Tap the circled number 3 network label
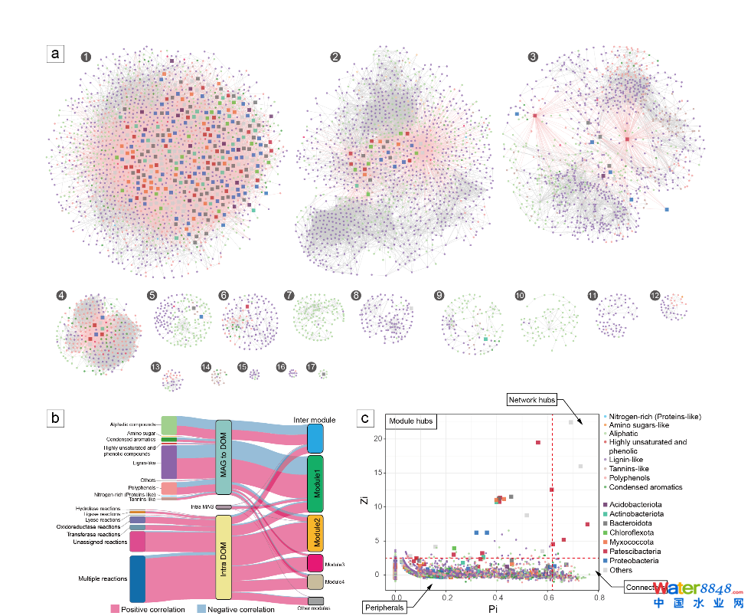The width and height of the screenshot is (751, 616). (x=533, y=57)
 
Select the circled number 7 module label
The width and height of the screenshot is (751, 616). (x=289, y=295)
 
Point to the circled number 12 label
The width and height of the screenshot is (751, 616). (x=655, y=295)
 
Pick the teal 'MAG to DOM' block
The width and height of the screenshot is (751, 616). (x=223, y=457)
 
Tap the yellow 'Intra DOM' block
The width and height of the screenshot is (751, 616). (x=223, y=557)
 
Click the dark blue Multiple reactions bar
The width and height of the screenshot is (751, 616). (x=138, y=578)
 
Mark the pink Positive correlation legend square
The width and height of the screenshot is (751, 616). (x=116, y=609)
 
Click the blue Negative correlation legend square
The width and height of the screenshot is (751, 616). (x=191, y=609)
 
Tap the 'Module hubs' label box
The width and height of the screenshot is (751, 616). (x=411, y=421)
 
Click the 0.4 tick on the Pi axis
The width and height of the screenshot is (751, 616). (x=498, y=598)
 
